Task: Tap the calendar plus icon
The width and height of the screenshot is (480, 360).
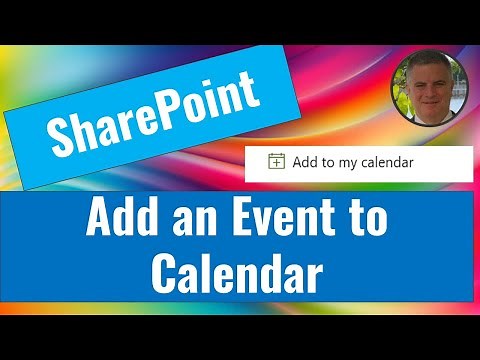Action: pos(276,160)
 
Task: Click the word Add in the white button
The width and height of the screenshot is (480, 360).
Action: pos(304,160)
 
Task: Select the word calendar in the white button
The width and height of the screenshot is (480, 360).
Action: pos(386,161)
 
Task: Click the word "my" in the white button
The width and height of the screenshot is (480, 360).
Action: pos(346,161)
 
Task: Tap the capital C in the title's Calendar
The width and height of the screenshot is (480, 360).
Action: pos(168,271)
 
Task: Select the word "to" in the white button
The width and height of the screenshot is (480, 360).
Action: pos(326,161)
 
